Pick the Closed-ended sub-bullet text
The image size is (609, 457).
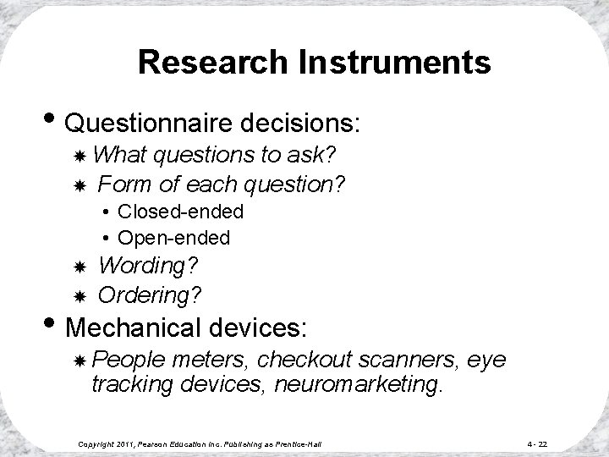[x=180, y=211]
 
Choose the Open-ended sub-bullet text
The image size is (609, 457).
[x=173, y=238]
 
